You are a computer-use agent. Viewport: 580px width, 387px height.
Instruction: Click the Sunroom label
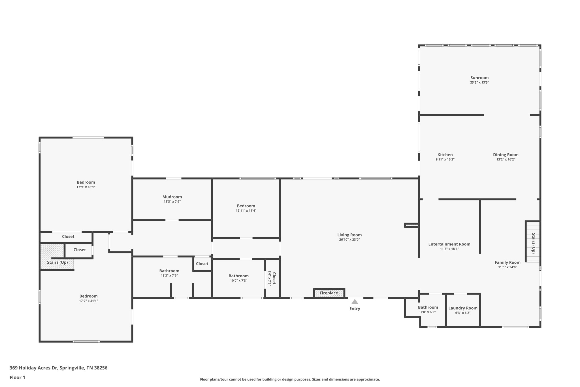click(479, 78)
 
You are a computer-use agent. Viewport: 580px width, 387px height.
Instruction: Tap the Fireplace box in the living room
click(329, 293)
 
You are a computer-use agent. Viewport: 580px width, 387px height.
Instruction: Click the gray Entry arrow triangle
click(355, 302)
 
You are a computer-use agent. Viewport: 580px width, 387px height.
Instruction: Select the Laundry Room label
click(463, 308)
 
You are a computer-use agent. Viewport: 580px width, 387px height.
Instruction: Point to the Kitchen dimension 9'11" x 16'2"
click(445, 160)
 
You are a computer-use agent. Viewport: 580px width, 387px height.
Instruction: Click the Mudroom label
click(172, 197)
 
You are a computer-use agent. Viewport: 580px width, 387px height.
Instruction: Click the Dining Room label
click(506, 155)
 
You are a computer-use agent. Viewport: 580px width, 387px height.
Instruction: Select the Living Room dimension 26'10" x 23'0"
click(349, 240)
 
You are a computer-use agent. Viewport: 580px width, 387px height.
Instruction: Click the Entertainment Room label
click(449, 244)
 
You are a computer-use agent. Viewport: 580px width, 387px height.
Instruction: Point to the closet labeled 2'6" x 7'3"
click(272, 278)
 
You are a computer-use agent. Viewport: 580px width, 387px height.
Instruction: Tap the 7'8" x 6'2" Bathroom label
click(428, 307)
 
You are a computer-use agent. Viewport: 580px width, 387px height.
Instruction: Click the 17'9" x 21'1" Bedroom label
click(88, 296)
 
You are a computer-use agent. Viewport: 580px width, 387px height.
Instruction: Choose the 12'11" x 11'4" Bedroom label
click(246, 206)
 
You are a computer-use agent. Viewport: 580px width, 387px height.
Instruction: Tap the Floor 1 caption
click(17, 377)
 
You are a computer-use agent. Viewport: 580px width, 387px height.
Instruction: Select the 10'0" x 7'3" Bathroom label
click(238, 276)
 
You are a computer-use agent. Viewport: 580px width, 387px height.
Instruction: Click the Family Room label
click(507, 263)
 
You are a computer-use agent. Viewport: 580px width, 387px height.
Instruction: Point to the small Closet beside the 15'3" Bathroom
click(202, 264)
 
